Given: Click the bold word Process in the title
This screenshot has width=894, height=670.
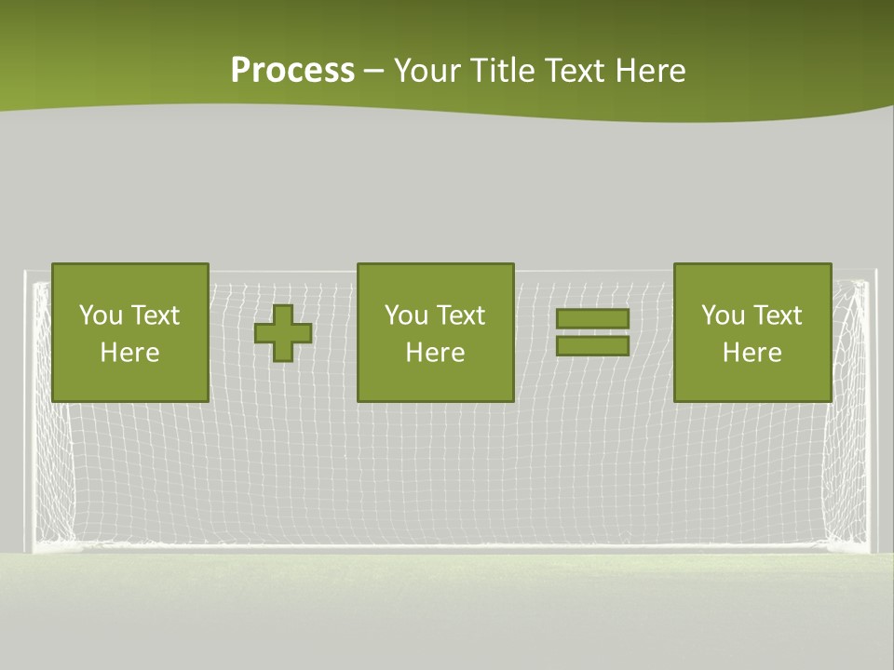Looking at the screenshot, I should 292,71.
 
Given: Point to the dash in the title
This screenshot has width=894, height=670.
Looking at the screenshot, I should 374,72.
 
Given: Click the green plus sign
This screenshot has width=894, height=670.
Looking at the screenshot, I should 283,332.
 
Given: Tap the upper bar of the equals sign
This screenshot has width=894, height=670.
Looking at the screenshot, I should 592,318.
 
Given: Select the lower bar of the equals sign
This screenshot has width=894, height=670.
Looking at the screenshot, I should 592,345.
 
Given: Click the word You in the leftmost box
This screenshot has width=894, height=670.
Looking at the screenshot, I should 101,315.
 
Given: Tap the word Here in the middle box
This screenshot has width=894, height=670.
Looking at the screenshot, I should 436,353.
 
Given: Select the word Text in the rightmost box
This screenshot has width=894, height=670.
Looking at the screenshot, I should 777,315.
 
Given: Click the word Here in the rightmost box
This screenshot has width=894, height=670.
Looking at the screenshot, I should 752,353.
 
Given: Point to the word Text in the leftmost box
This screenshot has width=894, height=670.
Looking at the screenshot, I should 155,315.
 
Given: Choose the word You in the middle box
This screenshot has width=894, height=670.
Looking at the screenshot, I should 406,315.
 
